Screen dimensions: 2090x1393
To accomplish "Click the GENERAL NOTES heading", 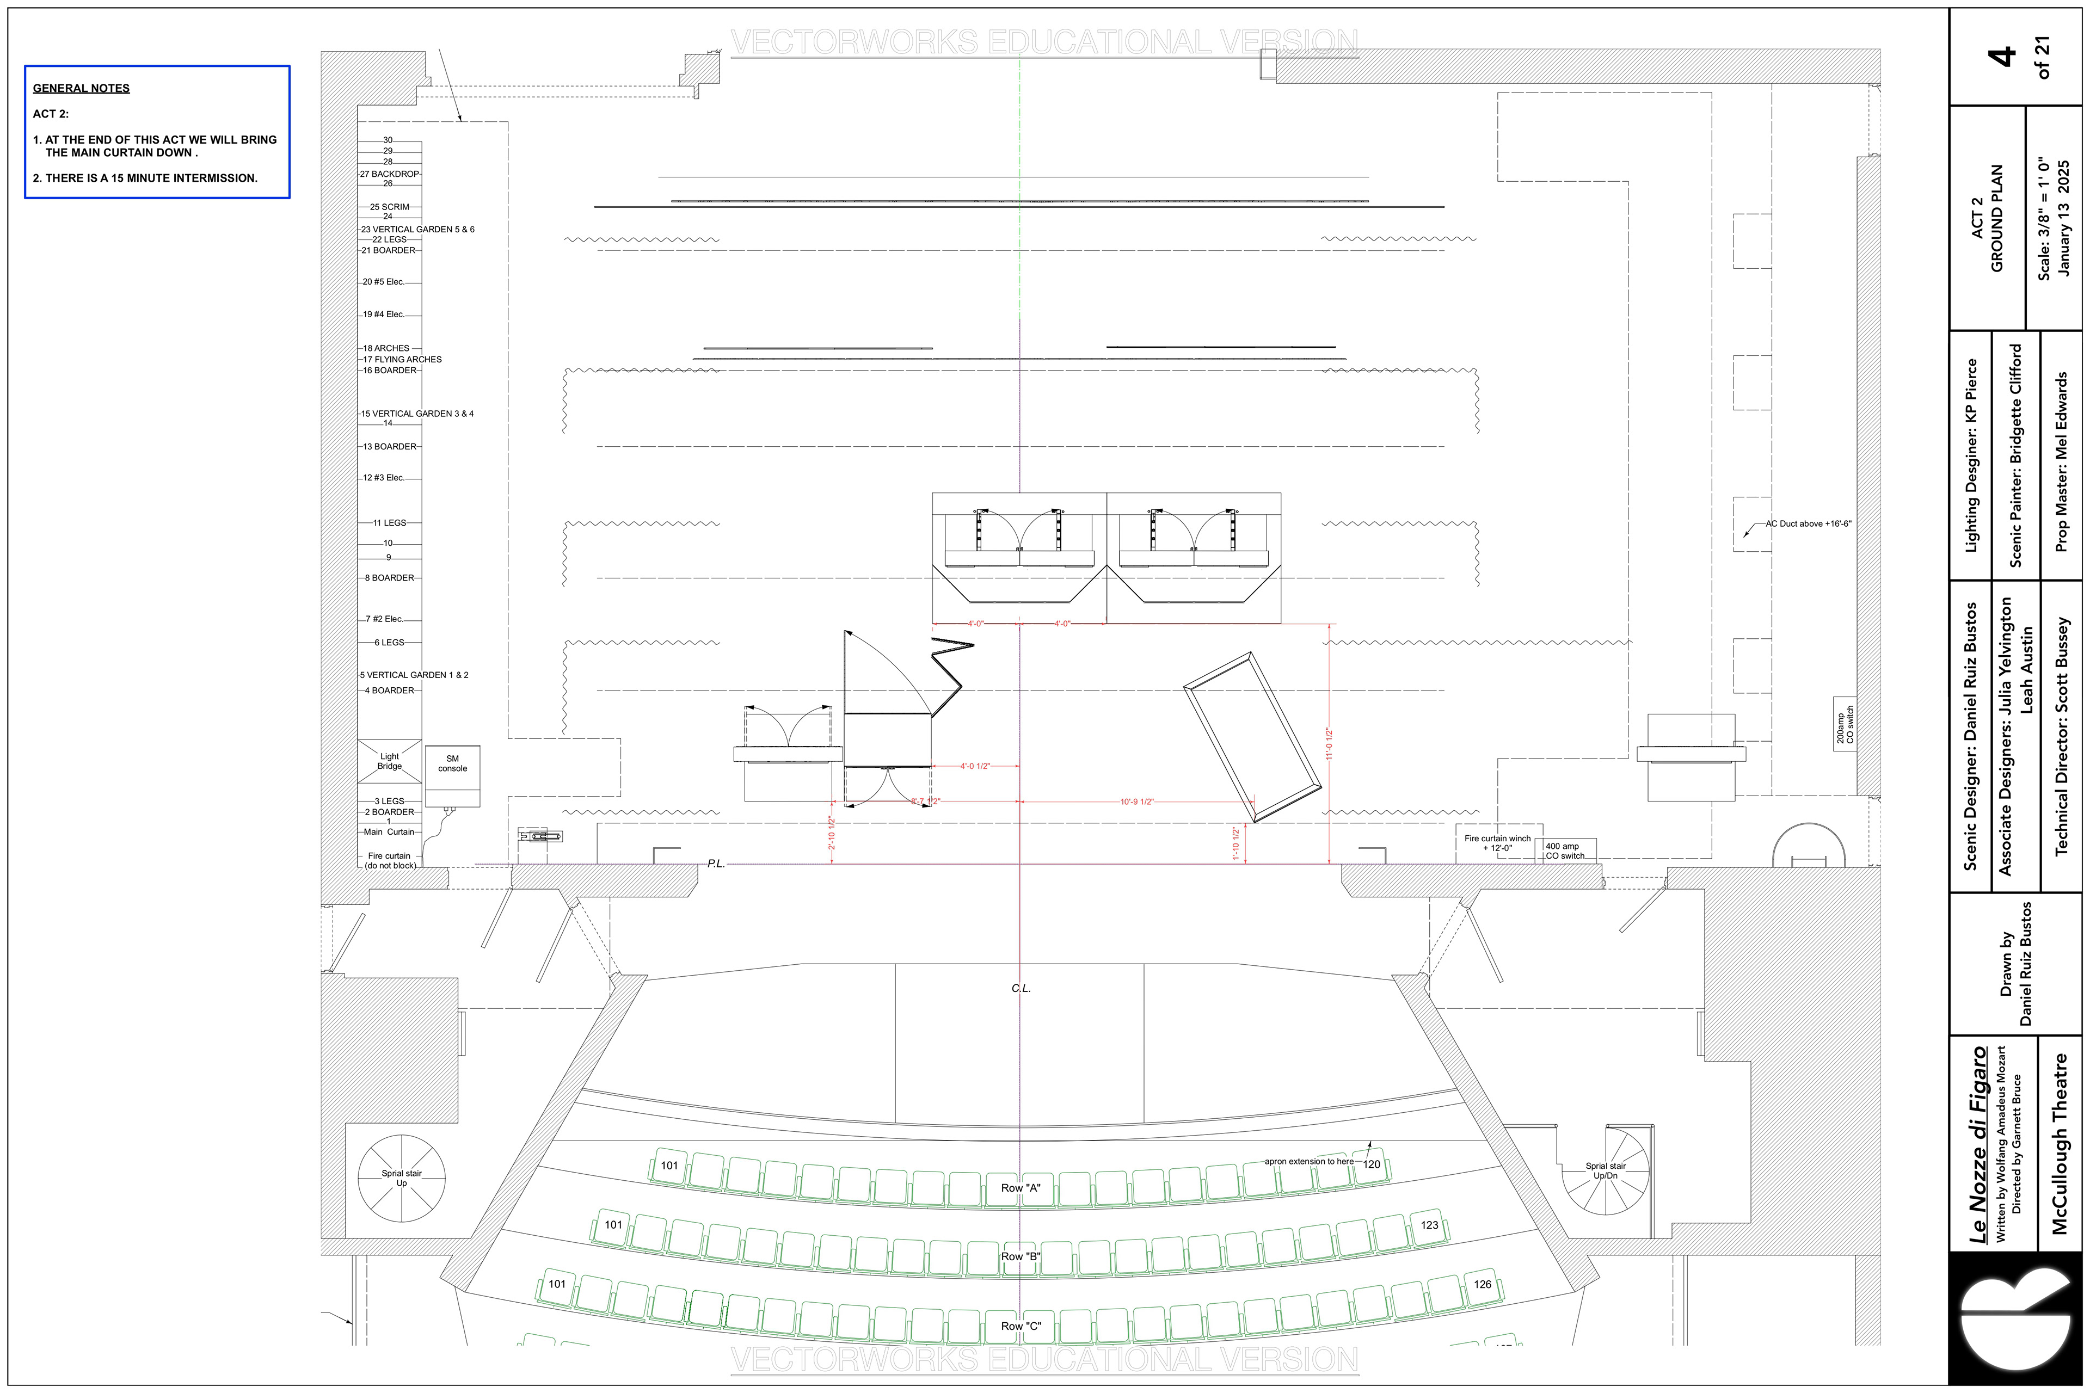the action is tap(81, 88).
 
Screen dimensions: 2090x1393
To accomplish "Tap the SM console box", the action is tap(452, 775).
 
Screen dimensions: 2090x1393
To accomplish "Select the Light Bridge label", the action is tap(389, 761).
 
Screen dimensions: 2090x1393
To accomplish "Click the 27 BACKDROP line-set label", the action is tap(389, 174).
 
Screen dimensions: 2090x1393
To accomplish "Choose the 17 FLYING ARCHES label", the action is tap(402, 360).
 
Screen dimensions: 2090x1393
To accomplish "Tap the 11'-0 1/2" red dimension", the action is tap(1329, 744).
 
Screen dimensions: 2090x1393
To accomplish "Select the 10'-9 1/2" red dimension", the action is tap(1136, 802).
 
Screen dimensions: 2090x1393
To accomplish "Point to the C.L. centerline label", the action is tap(1021, 989).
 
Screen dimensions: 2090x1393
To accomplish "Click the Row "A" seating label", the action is tap(1020, 1188).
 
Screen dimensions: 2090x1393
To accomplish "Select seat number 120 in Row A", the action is tap(1372, 1164).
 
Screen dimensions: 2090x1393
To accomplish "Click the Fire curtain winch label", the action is tap(1497, 843).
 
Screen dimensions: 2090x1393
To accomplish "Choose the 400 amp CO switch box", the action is tap(1565, 850).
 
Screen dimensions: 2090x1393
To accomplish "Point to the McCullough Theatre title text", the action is tap(2060, 1143).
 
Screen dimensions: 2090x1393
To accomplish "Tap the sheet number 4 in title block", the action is tap(2001, 57).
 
